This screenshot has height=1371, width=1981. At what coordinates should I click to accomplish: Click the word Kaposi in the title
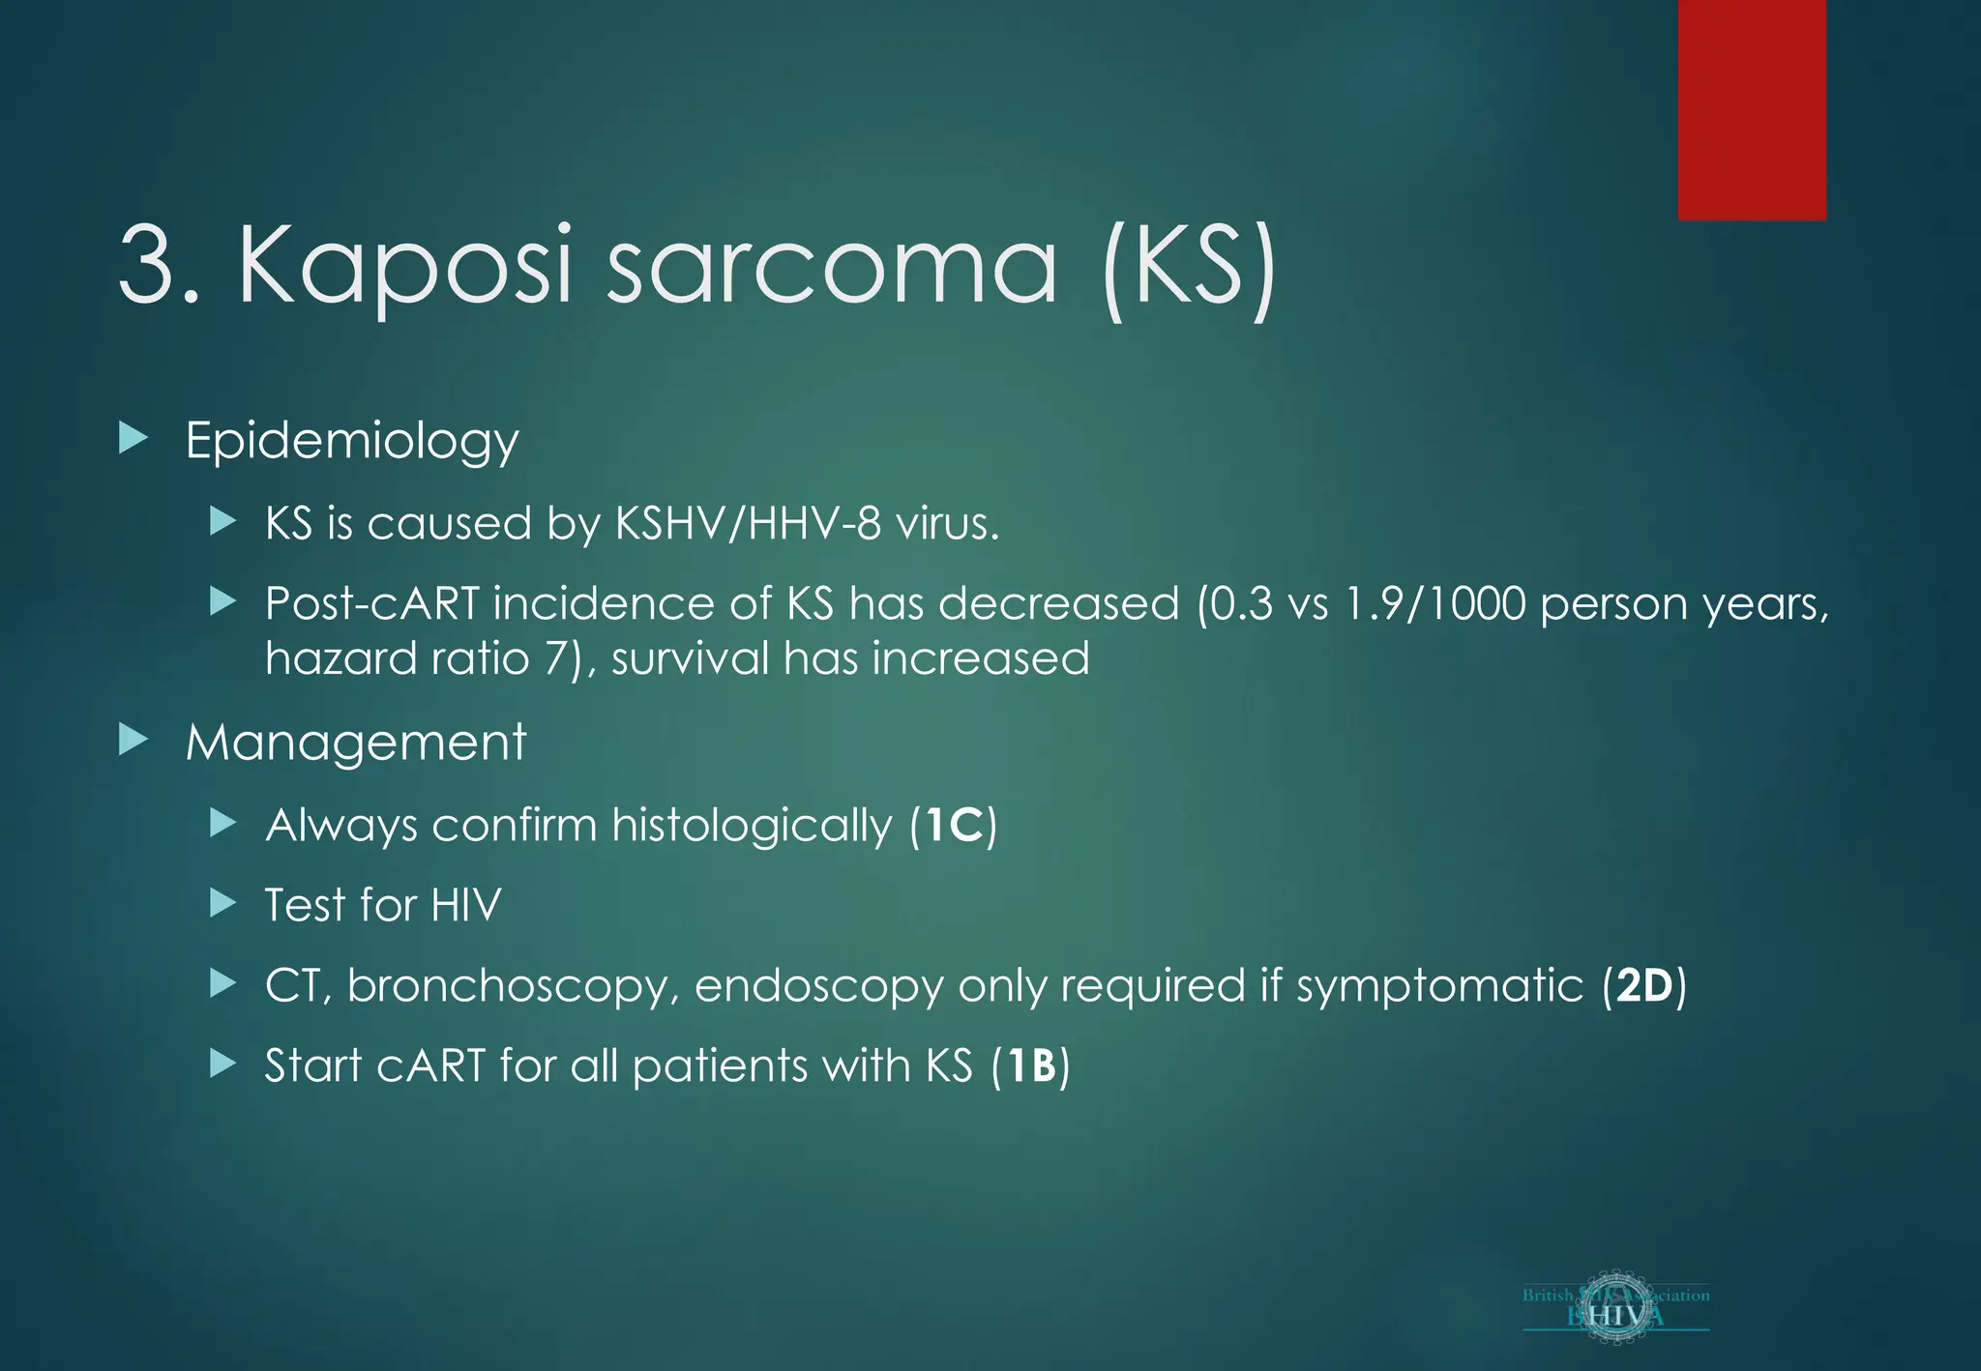[406, 266]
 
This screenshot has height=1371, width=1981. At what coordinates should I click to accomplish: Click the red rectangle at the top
[1751, 109]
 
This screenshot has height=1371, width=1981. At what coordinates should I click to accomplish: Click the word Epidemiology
[352, 442]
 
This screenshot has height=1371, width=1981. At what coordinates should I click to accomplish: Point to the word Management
[355, 744]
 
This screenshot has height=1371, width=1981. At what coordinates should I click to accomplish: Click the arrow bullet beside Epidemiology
[133, 438]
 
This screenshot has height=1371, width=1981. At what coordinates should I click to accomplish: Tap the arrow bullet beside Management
[133, 741]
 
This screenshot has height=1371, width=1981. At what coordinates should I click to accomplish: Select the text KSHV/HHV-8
[748, 524]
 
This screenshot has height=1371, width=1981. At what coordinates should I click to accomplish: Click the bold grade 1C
[954, 826]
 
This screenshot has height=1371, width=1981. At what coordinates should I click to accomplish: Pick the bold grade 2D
[1644, 986]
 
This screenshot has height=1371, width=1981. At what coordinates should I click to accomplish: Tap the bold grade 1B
[1031, 1066]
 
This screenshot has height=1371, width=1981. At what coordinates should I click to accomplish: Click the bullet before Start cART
[222, 1065]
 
